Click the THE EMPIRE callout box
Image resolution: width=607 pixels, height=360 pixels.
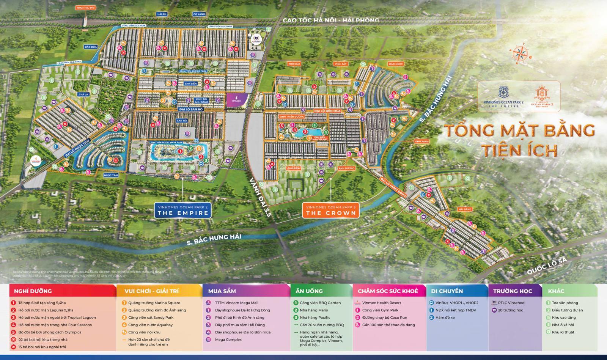(x=183, y=210)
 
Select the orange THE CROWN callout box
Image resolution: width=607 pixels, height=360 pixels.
(x=331, y=210)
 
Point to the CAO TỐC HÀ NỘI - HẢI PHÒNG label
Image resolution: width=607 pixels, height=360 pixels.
(x=330, y=20)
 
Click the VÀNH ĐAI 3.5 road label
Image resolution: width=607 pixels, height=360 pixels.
(x=262, y=198)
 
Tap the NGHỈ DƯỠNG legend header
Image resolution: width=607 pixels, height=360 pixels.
(x=33, y=291)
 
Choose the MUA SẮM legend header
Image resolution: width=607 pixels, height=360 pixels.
(x=222, y=291)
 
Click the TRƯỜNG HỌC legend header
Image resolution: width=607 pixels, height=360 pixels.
(x=512, y=291)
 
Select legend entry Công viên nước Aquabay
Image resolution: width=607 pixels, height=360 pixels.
(x=150, y=325)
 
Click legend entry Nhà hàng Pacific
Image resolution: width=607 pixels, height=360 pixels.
(x=315, y=318)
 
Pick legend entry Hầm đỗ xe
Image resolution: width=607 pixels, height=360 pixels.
(x=445, y=318)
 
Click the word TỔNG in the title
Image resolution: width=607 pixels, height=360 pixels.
(x=464, y=130)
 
